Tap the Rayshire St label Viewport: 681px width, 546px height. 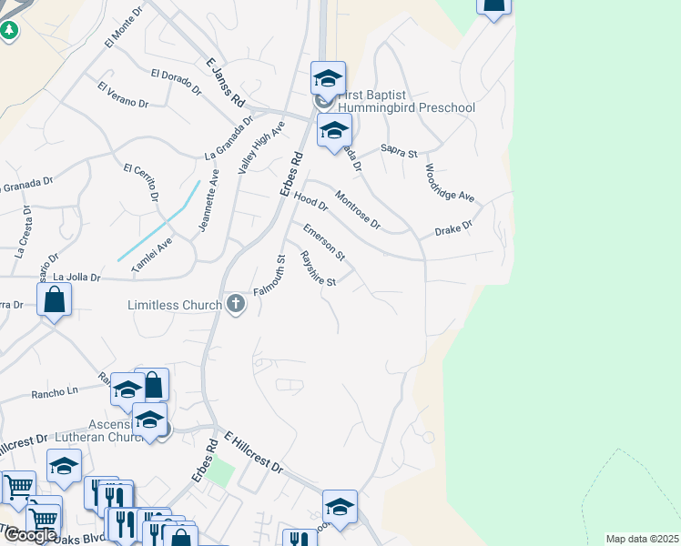click(319, 268)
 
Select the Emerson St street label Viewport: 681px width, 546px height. click(324, 239)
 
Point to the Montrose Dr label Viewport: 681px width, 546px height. click(357, 209)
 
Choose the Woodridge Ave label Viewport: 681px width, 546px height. click(449, 183)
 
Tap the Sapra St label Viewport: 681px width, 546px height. click(399, 151)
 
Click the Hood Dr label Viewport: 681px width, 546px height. click(310, 201)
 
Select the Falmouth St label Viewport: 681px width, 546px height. click(270, 275)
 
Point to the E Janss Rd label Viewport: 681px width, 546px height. click(226, 80)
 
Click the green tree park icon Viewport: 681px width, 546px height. click(9, 31)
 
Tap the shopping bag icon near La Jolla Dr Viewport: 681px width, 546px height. click(55, 298)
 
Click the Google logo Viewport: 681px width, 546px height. click(30, 535)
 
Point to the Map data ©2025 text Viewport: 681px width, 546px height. click(642, 539)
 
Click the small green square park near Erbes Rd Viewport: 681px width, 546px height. click(219, 471)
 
